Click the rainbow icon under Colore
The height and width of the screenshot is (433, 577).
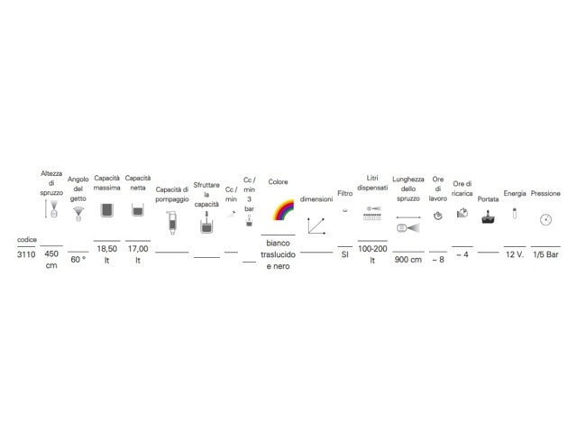tap(283, 210)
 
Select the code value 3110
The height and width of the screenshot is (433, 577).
tap(26, 254)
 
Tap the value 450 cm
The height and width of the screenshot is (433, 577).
tap(51, 260)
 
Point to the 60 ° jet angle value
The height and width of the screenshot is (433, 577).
tap(78, 260)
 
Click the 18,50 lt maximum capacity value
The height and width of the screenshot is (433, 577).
tap(107, 254)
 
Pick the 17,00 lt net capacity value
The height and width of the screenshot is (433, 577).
tap(138, 254)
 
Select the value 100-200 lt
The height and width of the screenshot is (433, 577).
tap(372, 254)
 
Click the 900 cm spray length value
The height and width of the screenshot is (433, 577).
tap(408, 260)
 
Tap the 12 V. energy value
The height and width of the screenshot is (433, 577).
tap(515, 254)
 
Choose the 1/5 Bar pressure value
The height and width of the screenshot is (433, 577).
tap(545, 254)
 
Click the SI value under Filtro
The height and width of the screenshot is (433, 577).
tap(344, 254)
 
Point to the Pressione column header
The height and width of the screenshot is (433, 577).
tap(545, 193)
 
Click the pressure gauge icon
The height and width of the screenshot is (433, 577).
tap(545, 220)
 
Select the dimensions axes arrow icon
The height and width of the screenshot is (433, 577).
tap(316, 226)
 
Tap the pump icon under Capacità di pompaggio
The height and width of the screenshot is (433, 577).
tap(171, 223)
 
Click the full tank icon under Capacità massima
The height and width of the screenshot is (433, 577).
tap(106, 210)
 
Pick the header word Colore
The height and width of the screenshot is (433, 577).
tap(278, 182)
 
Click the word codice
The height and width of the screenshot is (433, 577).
tap(27, 240)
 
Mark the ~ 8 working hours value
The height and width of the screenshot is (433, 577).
tap(438, 260)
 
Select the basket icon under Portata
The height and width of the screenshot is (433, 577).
tap(489, 217)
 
